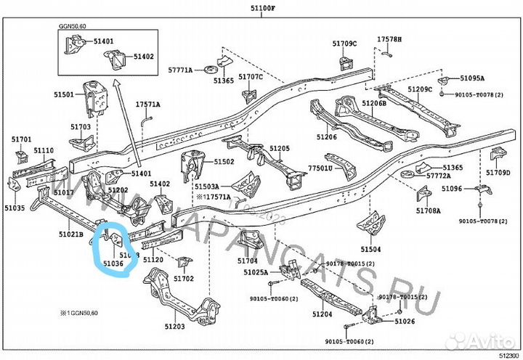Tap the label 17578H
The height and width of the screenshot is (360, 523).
click(389, 38)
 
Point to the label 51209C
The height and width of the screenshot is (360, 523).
click(420, 89)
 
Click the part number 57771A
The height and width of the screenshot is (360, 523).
click(180, 70)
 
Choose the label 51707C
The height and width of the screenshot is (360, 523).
click(251, 76)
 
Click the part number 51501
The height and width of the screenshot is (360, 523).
click(63, 95)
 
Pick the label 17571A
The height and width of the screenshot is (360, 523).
click(147, 105)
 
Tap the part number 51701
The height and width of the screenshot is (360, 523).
click(22, 139)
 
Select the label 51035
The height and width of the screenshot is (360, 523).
click(15, 208)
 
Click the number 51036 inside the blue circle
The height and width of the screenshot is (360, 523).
click(113, 264)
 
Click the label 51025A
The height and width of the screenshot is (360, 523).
click(257, 272)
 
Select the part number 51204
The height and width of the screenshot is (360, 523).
click(323, 314)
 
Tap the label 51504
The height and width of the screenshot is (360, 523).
click(380, 248)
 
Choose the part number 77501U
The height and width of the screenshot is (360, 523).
click(320, 168)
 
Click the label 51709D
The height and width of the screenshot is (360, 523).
click(499, 173)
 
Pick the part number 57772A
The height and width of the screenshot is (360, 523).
click(439, 176)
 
